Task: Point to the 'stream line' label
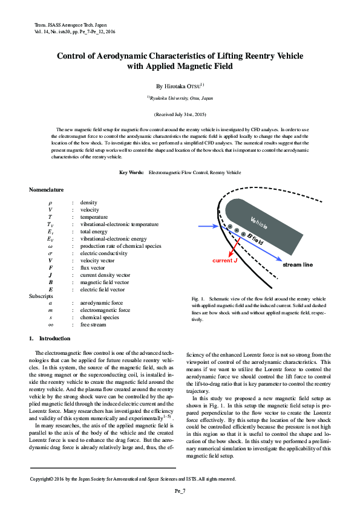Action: (x=298, y=265)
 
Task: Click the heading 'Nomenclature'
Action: (x=47, y=190)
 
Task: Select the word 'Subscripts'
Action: (x=41, y=296)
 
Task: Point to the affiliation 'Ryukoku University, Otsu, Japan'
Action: (x=181, y=97)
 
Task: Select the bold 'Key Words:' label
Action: (x=131, y=172)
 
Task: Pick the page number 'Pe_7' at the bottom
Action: (x=180, y=491)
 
